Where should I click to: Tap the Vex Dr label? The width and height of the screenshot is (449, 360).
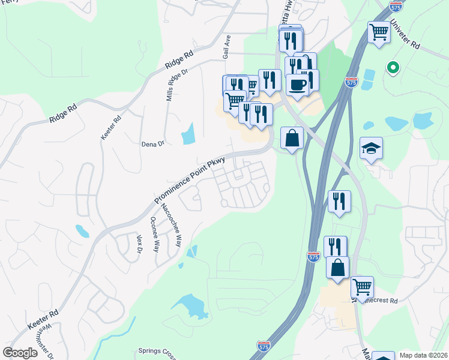[x=140, y=244]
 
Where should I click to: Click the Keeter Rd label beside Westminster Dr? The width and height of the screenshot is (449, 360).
[x=43, y=321]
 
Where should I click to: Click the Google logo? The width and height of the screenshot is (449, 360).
[x=20, y=353]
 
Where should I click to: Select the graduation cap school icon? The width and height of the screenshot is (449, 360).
[x=371, y=148]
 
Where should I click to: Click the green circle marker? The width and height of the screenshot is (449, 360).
[x=393, y=68]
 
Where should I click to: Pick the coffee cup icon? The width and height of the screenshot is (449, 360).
[x=297, y=84]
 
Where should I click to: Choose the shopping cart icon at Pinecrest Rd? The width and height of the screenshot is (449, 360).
[x=362, y=287]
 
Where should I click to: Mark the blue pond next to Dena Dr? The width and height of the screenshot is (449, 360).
[x=188, y=133]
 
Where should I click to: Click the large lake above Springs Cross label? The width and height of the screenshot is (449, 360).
[x=190, y=307]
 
